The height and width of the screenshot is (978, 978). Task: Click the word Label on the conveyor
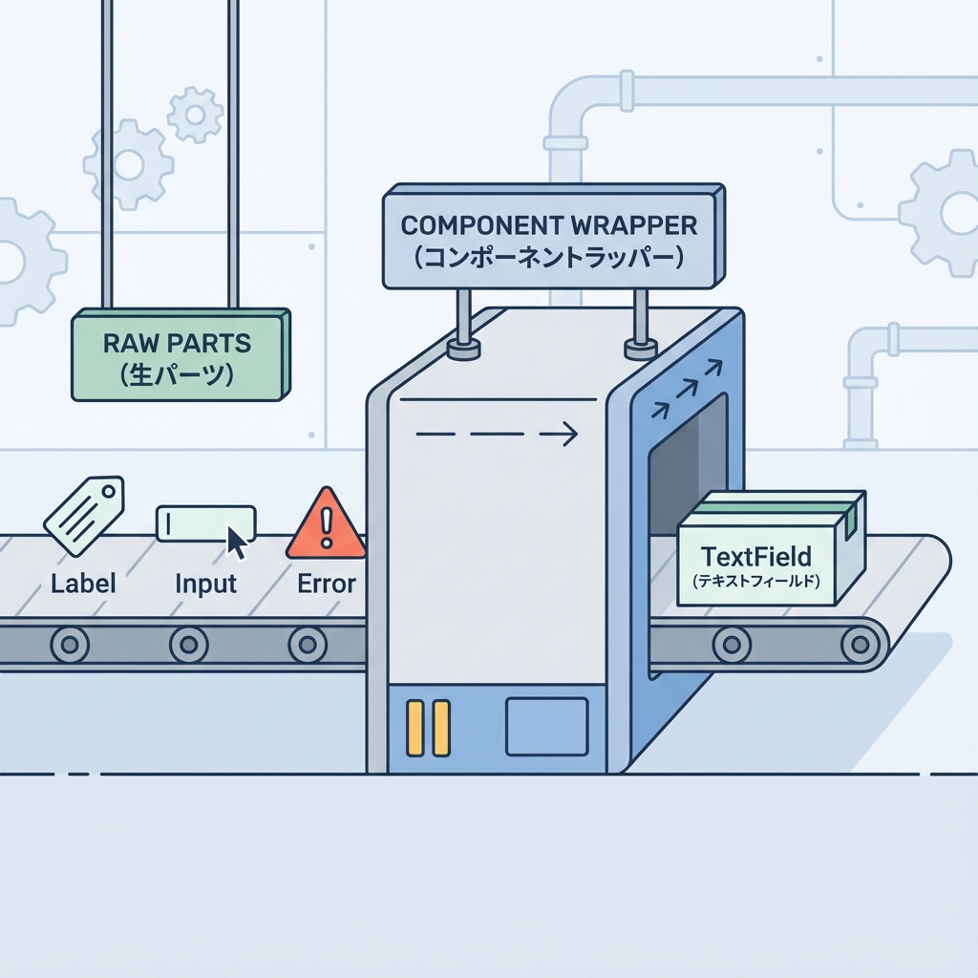tap(83, 584)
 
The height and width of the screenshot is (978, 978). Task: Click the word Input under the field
tap(206, 584)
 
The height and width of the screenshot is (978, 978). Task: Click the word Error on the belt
tap(327, 584)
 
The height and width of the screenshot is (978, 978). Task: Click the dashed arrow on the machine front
tap(497, 436)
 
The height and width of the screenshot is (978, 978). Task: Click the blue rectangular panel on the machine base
tap(546, 726)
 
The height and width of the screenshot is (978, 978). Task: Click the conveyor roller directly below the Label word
tap(69, 644)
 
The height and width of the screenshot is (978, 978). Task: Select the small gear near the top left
tap(195, 115)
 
